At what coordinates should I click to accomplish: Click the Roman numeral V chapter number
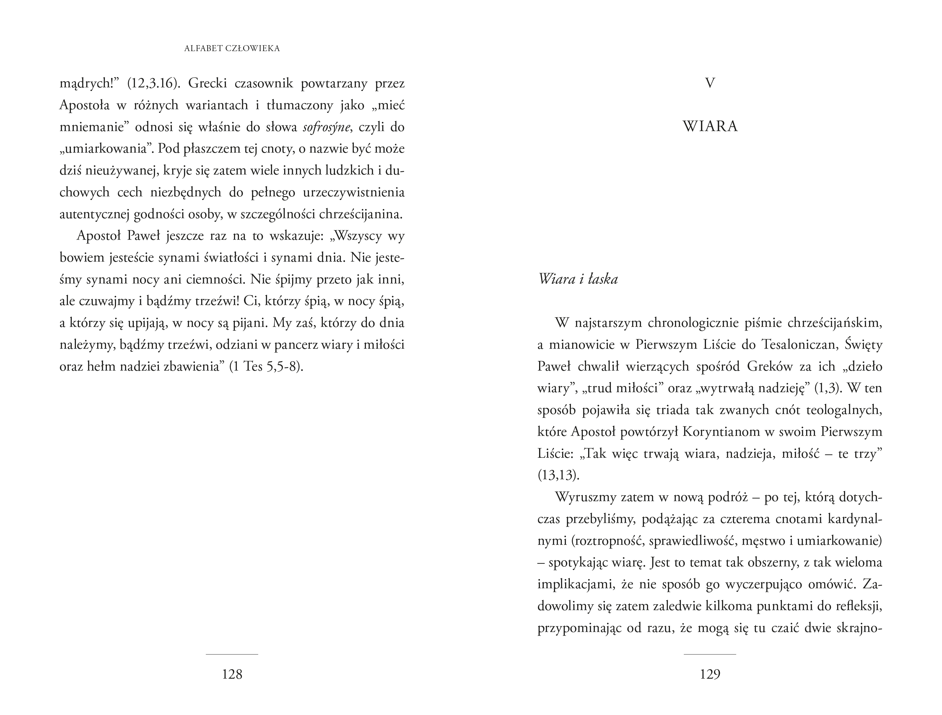pyautogui.click(x=710, y=83)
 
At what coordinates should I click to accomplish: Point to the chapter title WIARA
pyautogui.click(x=710, y=127)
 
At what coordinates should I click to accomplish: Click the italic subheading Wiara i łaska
pyautogui.click(x=578, y=279)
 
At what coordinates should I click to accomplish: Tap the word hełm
pyautogui.click(x=100, y=367)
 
